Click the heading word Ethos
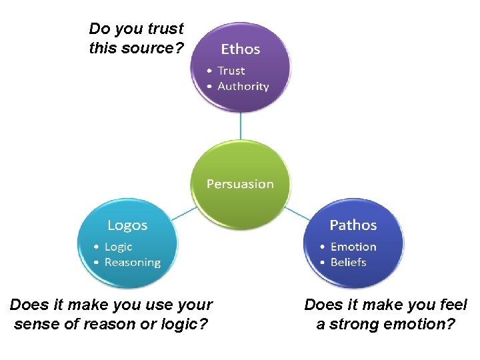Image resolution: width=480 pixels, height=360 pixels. tap(240, 49)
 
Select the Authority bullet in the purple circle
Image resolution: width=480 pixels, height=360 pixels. tap(243, 86)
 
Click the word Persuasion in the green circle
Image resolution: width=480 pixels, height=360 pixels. tap(240, 183)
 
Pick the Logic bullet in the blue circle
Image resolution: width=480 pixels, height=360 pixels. tap(118, 247)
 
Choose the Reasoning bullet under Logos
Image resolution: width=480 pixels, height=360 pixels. tap(132, 262)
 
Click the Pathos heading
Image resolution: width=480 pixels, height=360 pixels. tap(353, 225)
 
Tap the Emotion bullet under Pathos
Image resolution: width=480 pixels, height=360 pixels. tap(353, 247)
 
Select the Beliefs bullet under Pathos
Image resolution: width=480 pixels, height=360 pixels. tap(348, 262)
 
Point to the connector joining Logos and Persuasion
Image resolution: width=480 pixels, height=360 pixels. tap(185, 213)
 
